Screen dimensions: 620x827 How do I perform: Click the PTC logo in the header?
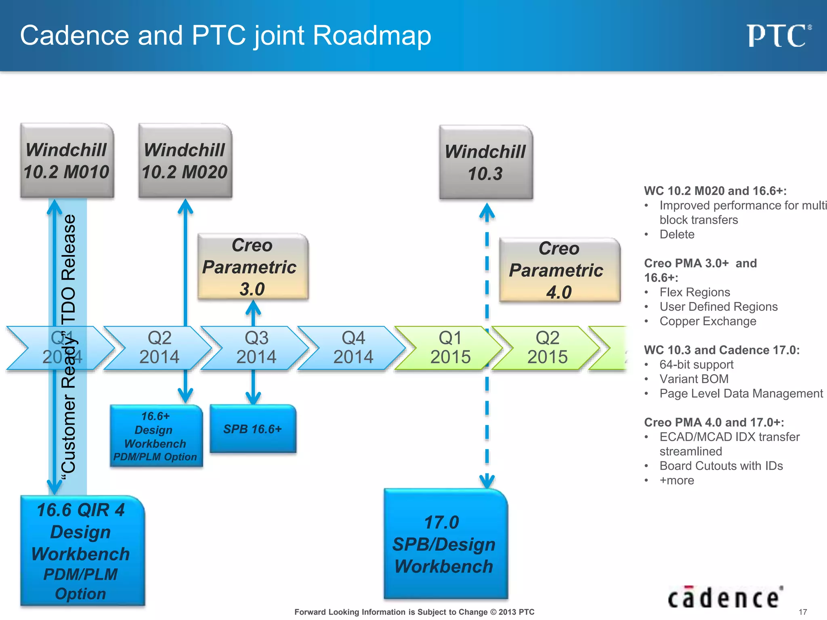coord(778,36)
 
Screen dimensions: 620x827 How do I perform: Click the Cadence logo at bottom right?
coord(725,597)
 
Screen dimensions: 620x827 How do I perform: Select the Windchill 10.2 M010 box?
coord(67,161)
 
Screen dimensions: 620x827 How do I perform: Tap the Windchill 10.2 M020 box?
coord(185,161)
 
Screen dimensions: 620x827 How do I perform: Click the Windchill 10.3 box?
coord(486,162)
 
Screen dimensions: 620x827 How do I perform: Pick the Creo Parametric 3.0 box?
coord(253,267)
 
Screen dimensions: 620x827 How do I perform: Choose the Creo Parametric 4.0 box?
coord(559,270)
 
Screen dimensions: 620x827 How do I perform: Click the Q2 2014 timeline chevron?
coord(159,348)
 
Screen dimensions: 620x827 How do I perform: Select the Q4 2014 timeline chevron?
coord(353,348)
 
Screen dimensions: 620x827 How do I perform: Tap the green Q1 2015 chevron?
coord(450,348)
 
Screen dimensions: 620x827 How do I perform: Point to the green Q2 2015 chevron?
coord(547,348)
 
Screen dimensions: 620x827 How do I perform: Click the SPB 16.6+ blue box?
coord(253,429)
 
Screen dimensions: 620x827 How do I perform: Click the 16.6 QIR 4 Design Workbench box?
coord(82,551)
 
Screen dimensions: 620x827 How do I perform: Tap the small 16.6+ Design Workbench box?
coord(156,436)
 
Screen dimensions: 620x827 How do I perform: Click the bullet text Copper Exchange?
coord(707,321)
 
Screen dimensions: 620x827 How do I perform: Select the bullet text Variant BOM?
coord(694,379)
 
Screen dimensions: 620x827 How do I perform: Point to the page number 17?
coord(803,612)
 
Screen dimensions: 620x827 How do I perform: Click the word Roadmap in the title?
coord(372,36)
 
